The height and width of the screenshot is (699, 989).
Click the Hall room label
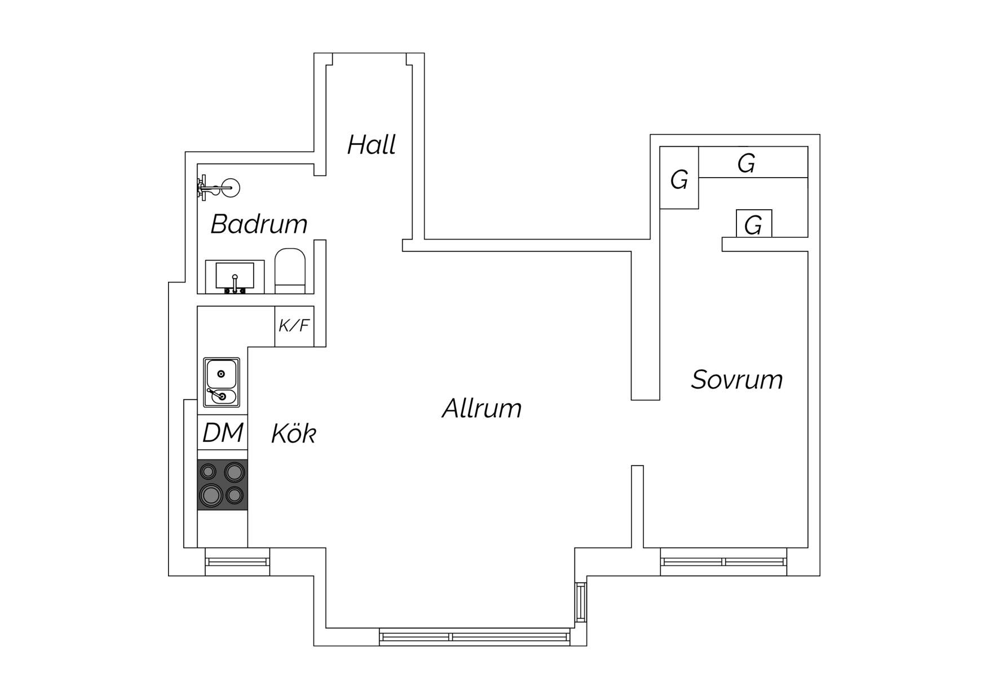point(371,145)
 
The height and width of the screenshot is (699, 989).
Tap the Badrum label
point(259,224)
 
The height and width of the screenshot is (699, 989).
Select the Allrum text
point(482,409)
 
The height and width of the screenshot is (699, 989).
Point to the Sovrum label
point(737,380)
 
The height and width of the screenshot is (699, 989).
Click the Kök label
point(293,433)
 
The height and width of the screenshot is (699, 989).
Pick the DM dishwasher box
point(222,432)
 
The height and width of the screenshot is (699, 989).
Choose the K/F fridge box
point(294,326)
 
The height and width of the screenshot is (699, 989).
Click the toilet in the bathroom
point(290,271)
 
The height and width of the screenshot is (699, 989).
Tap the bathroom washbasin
point(235,277)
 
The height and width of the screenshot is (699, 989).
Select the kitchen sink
point(222,382)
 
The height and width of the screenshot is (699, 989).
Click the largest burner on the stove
point(210,494)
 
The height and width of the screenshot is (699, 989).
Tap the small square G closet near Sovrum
point(754,223)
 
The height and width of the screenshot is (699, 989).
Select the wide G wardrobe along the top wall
point(753,162)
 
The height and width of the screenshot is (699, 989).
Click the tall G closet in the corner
point(679,178)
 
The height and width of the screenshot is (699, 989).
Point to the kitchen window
point(237,561)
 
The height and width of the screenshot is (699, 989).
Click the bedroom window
point(723,561)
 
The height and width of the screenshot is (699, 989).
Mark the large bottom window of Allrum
point(475,637)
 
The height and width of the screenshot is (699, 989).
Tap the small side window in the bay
point(581,603)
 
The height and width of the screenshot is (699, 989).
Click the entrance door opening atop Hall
point(369,59)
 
